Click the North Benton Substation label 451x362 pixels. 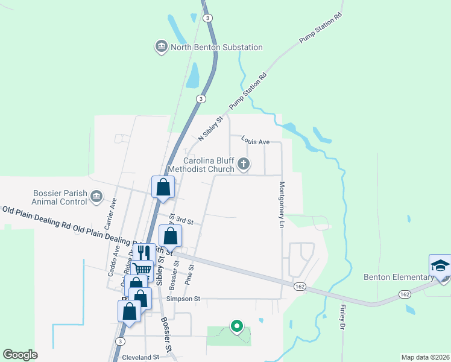click(x=216, y=47)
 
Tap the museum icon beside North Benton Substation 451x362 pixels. click(x=161, y=47)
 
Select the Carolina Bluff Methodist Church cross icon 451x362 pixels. click(x=244, y=163)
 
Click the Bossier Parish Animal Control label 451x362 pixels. click(x=60, y=197)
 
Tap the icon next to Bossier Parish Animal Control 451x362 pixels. click(x=96, y=197)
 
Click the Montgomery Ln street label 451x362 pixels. click(x=280, y=205)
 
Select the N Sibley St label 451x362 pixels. click(x=210, y=128)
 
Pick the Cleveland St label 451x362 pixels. click(x=140, y=357)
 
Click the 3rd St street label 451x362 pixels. click(x=185, y=221)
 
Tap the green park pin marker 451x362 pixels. click(x=237, y=326)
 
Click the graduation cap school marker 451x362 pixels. click(x=440, y=265)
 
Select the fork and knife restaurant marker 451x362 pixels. click(x=143, y=253)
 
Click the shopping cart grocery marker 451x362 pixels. click(x=142, y=270)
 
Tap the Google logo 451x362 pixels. click(x=20, y=355)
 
